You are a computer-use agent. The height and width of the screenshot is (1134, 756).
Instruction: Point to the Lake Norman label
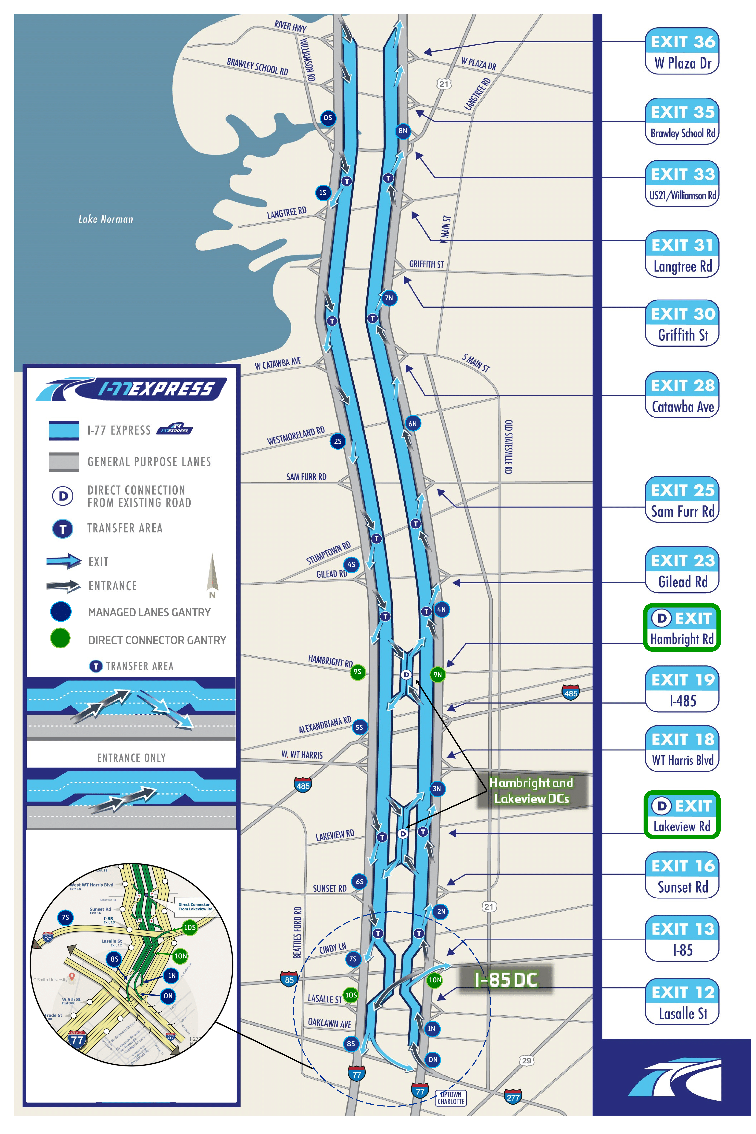click(106, 219)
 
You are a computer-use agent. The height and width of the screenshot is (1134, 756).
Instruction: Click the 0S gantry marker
click(328, 118)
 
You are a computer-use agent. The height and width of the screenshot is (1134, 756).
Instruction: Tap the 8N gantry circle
click(403, 131)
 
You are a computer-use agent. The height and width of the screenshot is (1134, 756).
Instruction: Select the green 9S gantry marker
click(357, 672)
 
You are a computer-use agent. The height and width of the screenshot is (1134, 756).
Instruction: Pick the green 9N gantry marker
click(437, 675)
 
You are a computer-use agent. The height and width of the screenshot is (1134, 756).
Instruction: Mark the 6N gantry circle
click(413, 424)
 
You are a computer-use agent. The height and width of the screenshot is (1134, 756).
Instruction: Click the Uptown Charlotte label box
click(451, 1098)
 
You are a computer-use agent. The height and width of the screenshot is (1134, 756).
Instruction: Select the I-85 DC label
click(505, 979)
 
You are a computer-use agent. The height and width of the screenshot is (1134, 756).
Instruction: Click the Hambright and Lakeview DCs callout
click(531, 791)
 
